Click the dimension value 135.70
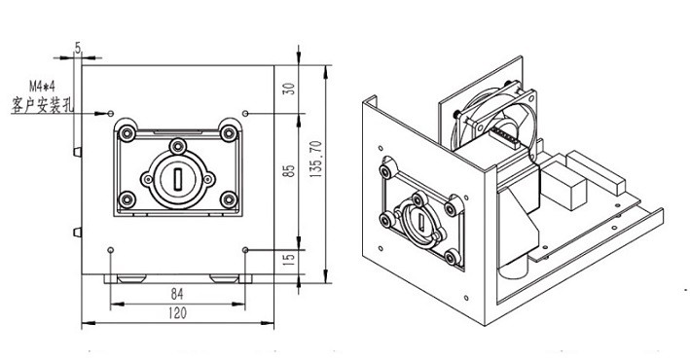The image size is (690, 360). click(316, 160)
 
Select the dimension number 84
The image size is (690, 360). click(177, 294)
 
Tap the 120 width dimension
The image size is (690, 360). click(177, 313)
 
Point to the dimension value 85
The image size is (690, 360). click(289, 171)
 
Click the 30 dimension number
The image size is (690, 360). click(289, 89)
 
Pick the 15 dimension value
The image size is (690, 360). click(289, 260)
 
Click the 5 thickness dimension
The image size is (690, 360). click(78, 48)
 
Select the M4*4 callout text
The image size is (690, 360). click(43, 86)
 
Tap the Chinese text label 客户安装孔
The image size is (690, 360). click(43, 105)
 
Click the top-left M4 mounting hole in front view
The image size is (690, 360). click(111, 114)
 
